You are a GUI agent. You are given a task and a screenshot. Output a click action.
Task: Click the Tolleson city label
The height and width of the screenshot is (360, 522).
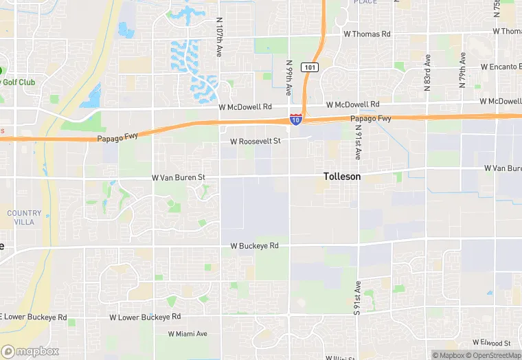tap(342, 177)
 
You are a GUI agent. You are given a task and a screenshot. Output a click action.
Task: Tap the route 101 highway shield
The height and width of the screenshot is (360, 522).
tap(310, 67)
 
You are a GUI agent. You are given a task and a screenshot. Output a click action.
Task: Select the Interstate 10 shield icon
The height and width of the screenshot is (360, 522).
tap(295, 120)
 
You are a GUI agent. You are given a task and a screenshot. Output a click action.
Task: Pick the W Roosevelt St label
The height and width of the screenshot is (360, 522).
tap(256, 141)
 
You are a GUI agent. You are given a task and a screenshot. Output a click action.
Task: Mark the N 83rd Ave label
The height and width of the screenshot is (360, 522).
tap(427, 74)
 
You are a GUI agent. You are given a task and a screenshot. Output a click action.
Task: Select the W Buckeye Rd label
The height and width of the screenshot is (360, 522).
tap(254, 245)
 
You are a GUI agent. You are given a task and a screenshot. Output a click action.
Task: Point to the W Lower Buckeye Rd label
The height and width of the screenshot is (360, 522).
tap(145, 317)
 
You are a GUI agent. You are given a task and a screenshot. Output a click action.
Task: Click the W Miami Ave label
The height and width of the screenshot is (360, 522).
tap(188, 334)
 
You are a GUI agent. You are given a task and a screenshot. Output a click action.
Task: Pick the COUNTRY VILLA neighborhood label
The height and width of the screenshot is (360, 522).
tap(24, 218)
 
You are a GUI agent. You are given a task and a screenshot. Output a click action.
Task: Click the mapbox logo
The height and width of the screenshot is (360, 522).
tap(30, 351)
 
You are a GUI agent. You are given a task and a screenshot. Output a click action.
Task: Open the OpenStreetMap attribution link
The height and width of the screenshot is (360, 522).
tap(493, 355)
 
